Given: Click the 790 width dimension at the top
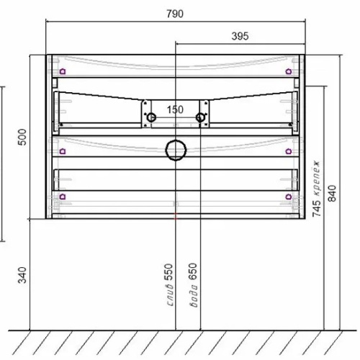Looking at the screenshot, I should [175, 14].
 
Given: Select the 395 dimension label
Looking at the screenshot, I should [246, 36].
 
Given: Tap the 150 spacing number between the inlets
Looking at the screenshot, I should [176, 109].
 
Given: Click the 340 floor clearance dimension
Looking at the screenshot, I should [22, 274].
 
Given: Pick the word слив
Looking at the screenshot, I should [169, 296].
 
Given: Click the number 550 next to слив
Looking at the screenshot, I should [169, 272].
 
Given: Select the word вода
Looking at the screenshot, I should [192, 296].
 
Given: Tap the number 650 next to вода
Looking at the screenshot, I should [192, 272].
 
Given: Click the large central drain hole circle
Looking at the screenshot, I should [176, 150].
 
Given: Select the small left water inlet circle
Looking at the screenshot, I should [151, 118].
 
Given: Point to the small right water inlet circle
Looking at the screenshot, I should [202, 118].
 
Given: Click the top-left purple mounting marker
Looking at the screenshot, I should [63, 71].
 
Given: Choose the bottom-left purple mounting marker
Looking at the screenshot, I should [63, 195].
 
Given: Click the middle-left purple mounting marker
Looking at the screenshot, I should [63, 150].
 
